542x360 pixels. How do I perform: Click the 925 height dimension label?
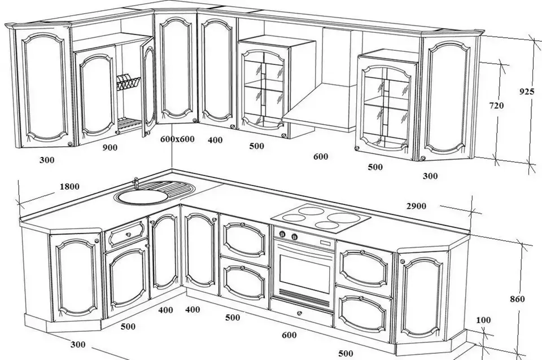pyautogui.click(x=527, y=91)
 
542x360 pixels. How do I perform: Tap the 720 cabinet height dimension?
pyautogui.click(x=496, y=106)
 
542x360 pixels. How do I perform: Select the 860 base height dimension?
pyautogui.click(x=517, y=299)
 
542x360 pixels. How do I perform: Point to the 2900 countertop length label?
pyautogui.click(x=416, y=207)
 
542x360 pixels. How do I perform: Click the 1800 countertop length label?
pyautogui.click(x=69, y=187)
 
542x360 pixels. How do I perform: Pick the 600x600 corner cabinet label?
pyautogui.click(x=177, y=139)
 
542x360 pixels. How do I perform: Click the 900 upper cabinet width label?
pyautogui.click(x=110, y=147)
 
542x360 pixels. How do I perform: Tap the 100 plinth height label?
pyautogui.click(x=483, y=320)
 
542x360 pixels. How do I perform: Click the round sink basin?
pyautogui.click(x=141, y=196)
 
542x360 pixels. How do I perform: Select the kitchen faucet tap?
pyautogui.click(x=136, y=182)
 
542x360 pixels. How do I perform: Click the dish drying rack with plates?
pyautogui.click(x=128, y=83)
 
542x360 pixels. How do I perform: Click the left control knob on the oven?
pyautogui.click(x=282, y=234)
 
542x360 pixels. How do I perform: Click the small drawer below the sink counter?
pyautogui.click(x=125, y=234)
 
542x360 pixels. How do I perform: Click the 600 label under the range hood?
pyautogui.click(x=321, y=156)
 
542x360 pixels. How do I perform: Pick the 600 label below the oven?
pyautogui.click(x=289, y=335)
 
